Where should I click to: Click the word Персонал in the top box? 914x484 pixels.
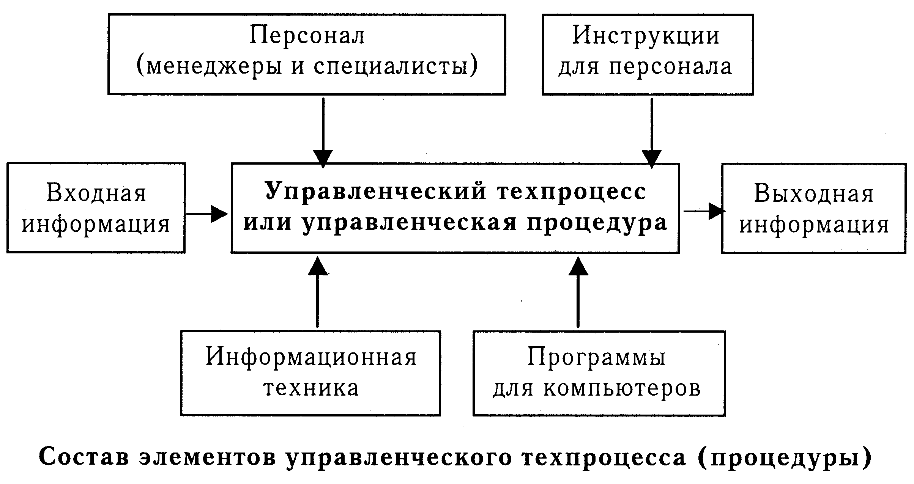[307, 36]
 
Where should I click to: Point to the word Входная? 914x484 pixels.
[96, 193]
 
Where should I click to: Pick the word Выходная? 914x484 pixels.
[814, 194]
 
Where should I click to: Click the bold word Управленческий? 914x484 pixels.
[376, 192]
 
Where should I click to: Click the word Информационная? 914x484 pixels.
[311, 358]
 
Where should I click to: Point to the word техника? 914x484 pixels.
[311, 389]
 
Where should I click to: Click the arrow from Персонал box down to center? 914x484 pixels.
[323, 133]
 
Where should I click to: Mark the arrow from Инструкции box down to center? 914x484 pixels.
[652, 133]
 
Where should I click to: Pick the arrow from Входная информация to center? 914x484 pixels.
[207, 214]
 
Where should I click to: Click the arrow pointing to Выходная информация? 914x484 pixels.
[704, 211]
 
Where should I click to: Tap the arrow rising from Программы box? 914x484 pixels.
[578, 292]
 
